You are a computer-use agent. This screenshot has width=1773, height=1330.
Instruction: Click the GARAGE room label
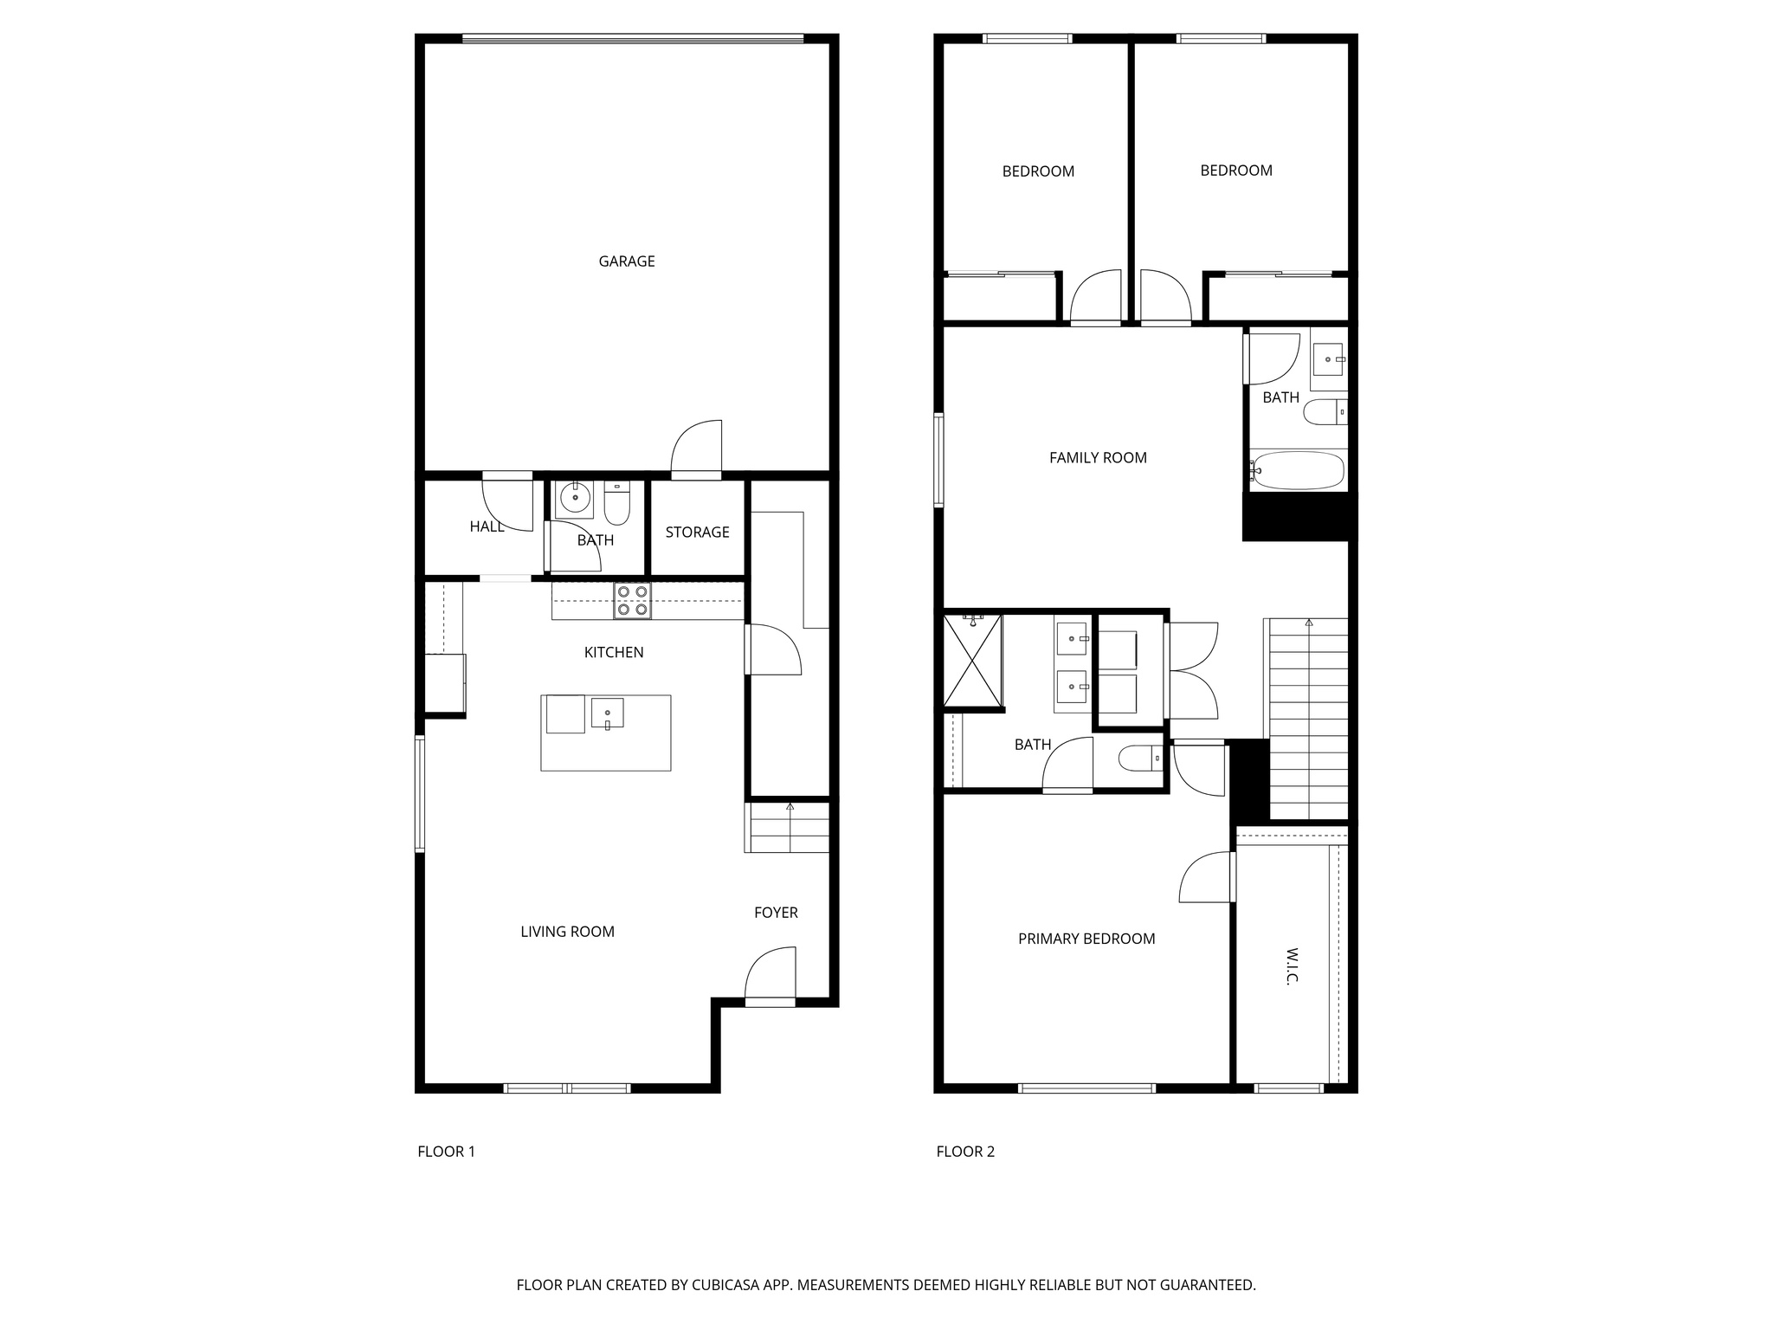coord(626,261)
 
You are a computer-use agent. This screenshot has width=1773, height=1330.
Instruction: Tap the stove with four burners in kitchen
coord(632,601)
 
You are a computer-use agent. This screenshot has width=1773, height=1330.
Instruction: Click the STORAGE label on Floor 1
coord(697,532)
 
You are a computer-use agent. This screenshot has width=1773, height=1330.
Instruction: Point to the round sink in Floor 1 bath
coord(574,499)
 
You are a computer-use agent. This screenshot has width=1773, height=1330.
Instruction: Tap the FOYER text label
coord(776,912)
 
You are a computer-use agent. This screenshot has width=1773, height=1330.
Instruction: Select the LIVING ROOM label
coord(567,932)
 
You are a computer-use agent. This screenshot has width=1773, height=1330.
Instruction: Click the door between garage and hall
coord(697,449)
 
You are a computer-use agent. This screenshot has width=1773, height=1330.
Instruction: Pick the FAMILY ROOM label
coord(1098,457)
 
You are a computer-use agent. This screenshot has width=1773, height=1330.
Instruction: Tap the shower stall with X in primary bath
coord(972,660)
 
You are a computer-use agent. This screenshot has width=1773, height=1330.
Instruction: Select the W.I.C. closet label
coord(1291,965)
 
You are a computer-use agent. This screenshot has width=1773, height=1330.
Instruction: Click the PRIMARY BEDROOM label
coord(1086,939)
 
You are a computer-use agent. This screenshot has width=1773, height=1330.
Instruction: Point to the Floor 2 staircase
coord(1308,719)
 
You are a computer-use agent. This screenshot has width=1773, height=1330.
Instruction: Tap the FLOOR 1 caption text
coord(446,1151)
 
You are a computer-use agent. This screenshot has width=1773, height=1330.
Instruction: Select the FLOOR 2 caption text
coord(965,1151)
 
